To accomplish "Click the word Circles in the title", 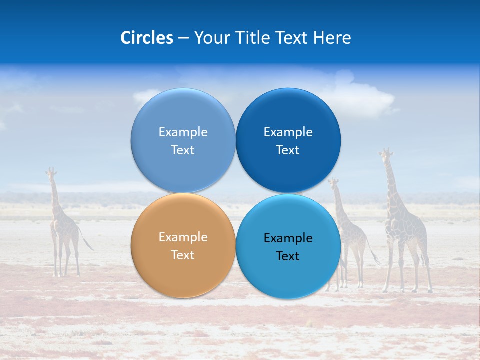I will (147, 38).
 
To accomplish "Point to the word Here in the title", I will (332, 38).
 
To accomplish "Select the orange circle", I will (183, 245).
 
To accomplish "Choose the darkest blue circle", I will (288, 140).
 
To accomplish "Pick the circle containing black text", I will (288, 246).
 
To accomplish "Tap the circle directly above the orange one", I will (183, 140).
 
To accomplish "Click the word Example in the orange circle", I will (183, 237).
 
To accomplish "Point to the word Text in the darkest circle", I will (288, 150).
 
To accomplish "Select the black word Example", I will (288, 238).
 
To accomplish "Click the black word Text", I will (288, 256).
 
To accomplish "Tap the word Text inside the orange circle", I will (183, 255).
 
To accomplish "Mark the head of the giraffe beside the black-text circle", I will (333, 183).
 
